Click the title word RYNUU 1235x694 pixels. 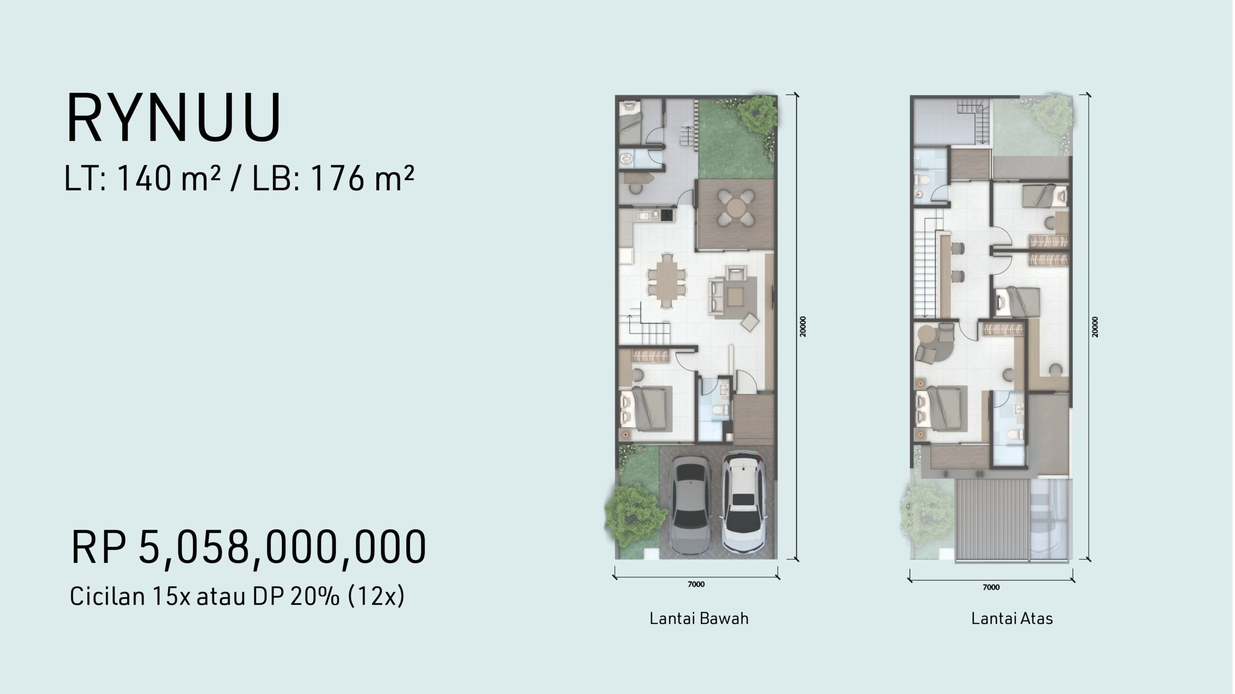[174, 118]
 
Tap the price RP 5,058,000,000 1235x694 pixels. [248, 547]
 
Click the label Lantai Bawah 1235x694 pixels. [699, 618]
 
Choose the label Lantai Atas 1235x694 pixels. [1012, 618]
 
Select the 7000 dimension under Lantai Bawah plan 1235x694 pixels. [696, 585]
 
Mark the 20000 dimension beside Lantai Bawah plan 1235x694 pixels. [803, 326]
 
